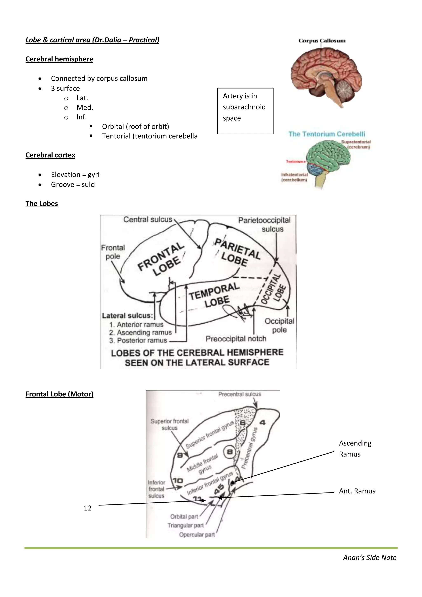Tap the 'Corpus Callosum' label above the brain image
pyautogui.click(x=322, y=41)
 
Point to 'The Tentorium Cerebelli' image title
pyautogui.click(x=327, y=134)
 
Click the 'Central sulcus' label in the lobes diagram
pyautogui.click(x=148, y=220)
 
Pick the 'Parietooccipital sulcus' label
pyautogui.click(x=264, y=224)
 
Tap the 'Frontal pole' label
pyautogui.click(x=113, y=252)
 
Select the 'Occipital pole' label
pyautogui.click(x=279, y=325)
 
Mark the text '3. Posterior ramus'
pyautogui.click(x=138, y=340)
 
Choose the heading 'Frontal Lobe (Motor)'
pyautogui.click(x=59, y=394)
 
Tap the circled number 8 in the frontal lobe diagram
pyautogui.click(x=230, y=452)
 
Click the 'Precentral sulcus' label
pyautogui.click(x=239, y=394)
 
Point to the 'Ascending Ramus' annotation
pyautogui.click(x=355, y=449)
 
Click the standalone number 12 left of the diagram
pyautogui.click(x=88, y=508)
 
